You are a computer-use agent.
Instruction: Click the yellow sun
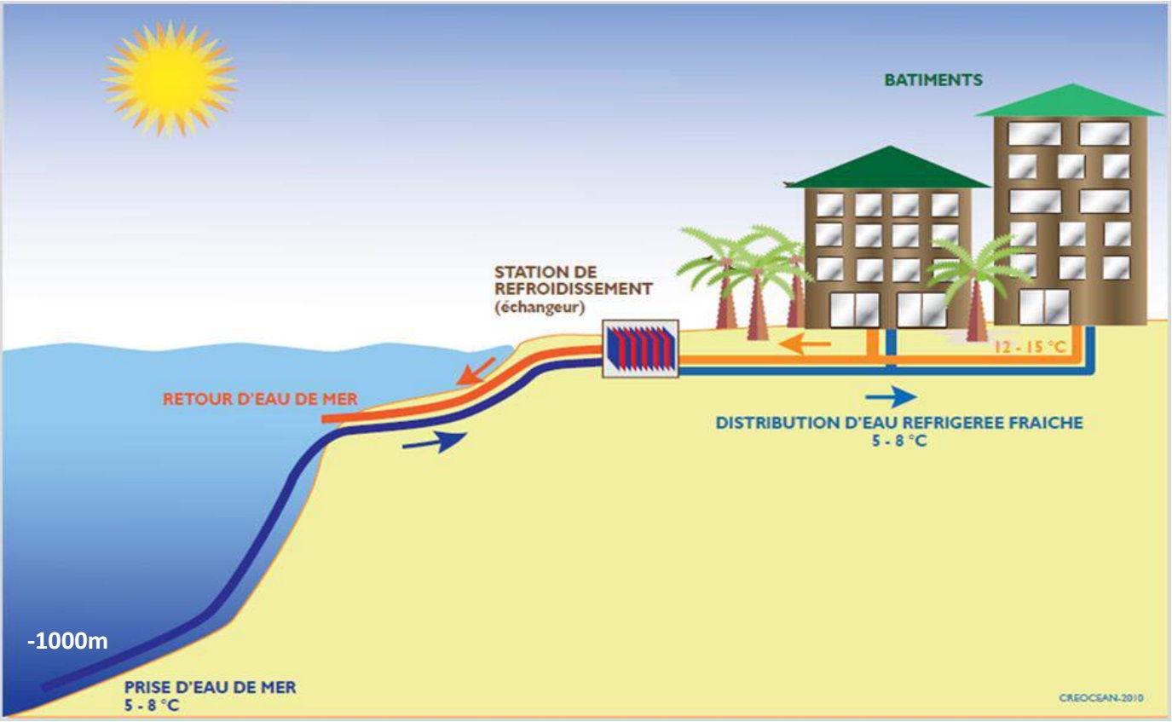[170, 78]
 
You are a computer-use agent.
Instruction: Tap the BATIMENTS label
[933, 80]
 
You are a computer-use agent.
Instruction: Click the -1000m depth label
[67, 641]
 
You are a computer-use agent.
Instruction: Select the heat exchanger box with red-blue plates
[640, 348]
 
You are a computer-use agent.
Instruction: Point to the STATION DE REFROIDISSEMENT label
[573, 280]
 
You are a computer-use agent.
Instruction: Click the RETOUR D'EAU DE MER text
[260, 399]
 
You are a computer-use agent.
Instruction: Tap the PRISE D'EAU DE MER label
[210, 687]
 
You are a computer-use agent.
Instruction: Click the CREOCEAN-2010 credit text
[1101, 698]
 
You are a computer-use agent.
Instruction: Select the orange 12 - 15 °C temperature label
[1030, 346]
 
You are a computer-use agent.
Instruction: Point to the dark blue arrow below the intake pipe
[434, 442]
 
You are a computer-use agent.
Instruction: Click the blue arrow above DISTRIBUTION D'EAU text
[891, 397]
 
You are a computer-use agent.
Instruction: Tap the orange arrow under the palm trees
[805, 344]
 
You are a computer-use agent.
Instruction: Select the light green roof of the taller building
[1072, 100]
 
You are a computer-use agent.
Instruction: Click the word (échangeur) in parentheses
[540, 307]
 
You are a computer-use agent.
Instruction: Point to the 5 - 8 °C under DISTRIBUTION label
[899, 441]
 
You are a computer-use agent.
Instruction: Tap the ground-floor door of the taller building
[1044, 307]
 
